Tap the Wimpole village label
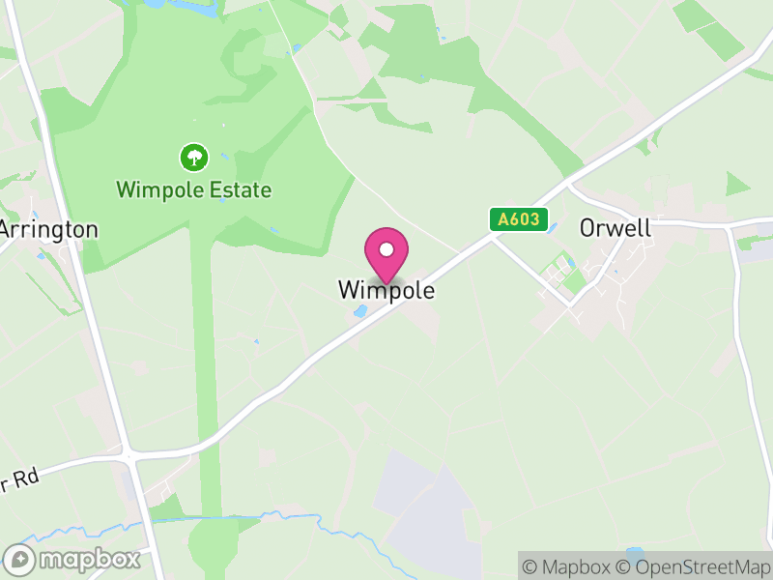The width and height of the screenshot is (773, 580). [x=386, y=289]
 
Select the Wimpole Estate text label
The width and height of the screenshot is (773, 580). [x=193, y=189]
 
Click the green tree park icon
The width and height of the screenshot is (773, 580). [x=194, y=156]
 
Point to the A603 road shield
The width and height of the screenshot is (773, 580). [x=519, y=219]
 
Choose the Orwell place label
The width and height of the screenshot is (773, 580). [x=615, y=228]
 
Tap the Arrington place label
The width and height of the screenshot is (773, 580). [x=49, y=229]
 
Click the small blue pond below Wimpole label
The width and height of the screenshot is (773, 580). [x=359, y=311]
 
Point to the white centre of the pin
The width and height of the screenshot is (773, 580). [x=386, y=250]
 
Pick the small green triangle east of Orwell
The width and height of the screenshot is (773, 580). [x=736, y=185]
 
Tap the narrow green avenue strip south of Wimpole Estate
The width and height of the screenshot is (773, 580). [x=201, y=387]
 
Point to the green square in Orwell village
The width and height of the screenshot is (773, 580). [x=575, y=281]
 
